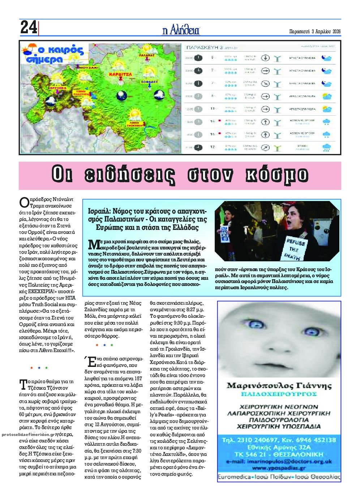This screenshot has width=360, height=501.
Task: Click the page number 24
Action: tap(29, 27)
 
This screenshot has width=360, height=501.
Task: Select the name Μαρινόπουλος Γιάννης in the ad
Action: tap(279, 386)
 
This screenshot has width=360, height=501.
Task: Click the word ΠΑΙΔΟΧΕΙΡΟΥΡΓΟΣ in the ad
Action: tap(279, 394)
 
